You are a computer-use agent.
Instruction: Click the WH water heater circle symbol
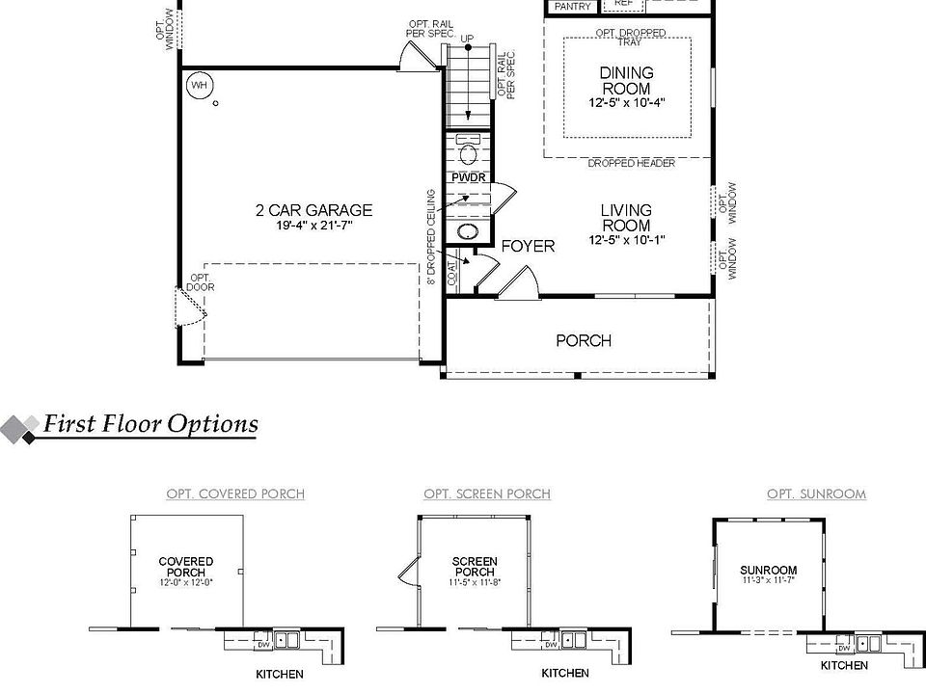[199, 86]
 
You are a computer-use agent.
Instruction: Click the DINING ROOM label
[626, 80]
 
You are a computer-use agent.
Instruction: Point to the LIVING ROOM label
[626, 218]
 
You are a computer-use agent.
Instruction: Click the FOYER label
[528, 246]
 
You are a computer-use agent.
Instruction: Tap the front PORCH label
[584, 340]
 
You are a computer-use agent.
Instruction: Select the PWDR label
[469, 178]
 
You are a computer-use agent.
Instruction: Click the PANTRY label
[572, 6]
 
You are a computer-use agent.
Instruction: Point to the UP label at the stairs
[468, 39]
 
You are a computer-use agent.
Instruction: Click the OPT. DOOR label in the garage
[201, 281]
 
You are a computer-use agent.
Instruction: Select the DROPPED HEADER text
[632, 164]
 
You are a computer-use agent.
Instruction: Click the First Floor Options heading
[150, 424]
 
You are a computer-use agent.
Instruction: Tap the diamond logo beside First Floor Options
[20, 427]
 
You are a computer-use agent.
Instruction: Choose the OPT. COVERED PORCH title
[235, 494]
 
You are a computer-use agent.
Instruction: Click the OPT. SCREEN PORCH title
[487, 494]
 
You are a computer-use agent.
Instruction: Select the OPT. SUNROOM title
[816, 494]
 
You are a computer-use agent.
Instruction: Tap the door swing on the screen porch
[406, 574]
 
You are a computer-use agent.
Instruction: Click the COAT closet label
[453, 273]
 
